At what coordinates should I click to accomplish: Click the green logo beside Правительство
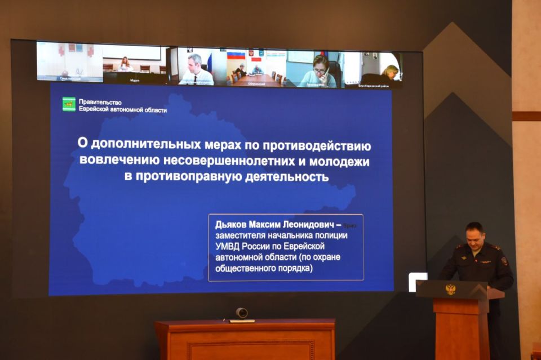click(x=69, y=104)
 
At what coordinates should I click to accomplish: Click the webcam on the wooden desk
click(x=242, y=313)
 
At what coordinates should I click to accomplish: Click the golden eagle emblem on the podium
click(x=450, y=289)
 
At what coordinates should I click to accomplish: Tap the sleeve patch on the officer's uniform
click(x=504, y=261)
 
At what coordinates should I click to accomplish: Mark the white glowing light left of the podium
click(x=418, y=281)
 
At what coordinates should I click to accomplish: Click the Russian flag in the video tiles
click(x=236, y=55)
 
